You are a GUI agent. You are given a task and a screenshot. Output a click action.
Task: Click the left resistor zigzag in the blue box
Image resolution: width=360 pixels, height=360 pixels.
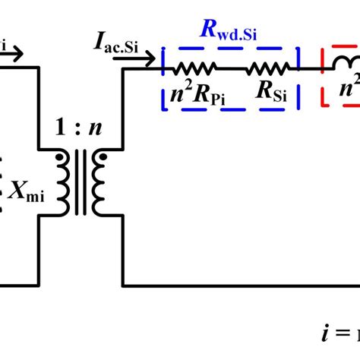(195, 68)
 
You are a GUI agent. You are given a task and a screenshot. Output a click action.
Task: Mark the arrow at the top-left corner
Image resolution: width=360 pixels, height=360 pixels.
(15, 52)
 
